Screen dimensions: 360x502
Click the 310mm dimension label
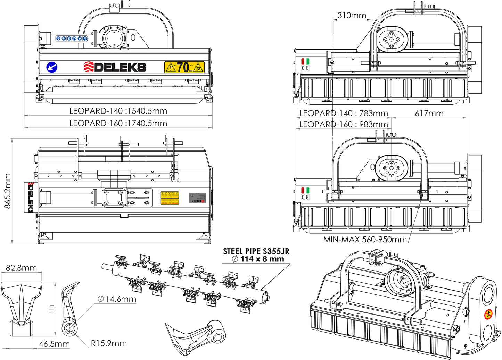point(352,15)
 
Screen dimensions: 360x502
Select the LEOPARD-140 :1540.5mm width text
point(118,111)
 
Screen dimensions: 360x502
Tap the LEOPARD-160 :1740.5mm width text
point(118,123)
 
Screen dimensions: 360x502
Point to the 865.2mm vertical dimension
point(8,191)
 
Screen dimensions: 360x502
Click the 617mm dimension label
point(429,114)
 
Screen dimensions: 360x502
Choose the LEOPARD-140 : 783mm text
point(343,114)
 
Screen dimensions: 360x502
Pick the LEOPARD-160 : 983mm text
point(343,124)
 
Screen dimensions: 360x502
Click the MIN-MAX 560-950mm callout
point(365,240)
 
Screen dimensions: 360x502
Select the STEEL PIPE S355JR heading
point(256,251)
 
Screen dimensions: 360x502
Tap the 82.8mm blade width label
point(21,268)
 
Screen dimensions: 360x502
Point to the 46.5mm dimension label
point(54,344)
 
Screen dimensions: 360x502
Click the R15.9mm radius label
point(109,343)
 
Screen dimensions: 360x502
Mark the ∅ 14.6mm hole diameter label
point(117,299)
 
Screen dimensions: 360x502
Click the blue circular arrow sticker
point(52,67)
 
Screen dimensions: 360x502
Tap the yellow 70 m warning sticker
point(184,67)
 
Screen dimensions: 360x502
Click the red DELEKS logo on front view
point(115,67)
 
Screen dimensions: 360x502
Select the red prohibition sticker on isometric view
point(488,315)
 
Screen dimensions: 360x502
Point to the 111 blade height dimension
point(52,309)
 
